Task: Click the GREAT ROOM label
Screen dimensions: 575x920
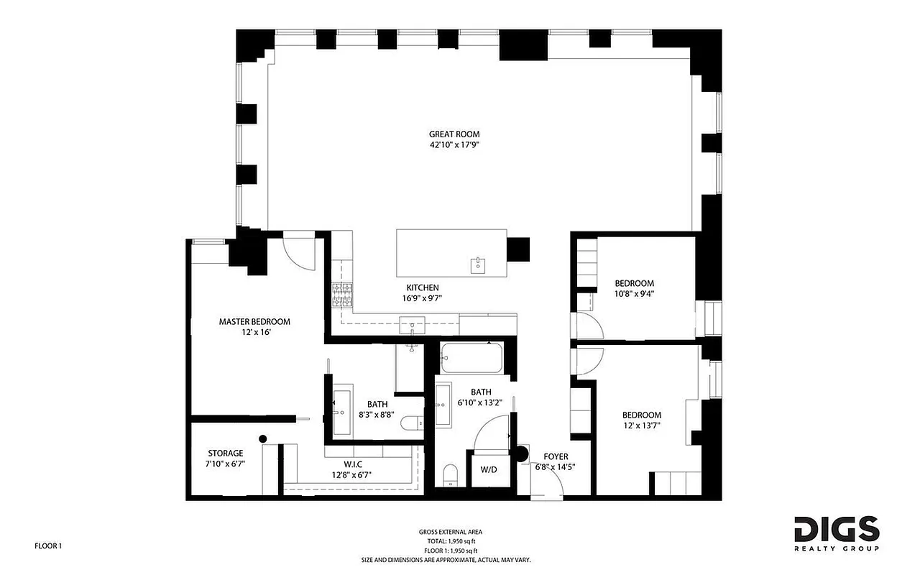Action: (454, 134)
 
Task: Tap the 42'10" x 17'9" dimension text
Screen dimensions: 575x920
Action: (454, 144)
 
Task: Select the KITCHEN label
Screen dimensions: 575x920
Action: (422, 287)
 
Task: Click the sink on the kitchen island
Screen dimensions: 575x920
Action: (478, 265)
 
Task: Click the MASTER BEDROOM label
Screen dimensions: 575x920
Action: (254, 321)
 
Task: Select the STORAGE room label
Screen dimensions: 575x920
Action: (226, 453)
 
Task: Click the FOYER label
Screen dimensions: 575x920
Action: (556, 456)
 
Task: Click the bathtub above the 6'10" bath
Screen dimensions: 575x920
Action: (471, 356)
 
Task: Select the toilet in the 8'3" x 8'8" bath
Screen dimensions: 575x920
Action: (412, 423)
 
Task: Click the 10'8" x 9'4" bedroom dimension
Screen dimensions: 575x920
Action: (633, 293)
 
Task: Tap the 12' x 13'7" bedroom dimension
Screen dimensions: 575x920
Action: (641, 425)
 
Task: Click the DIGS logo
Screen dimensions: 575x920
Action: (837, 529)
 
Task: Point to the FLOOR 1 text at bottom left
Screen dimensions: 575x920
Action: (48, 546)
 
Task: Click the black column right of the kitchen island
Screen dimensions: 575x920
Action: (517, 249)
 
